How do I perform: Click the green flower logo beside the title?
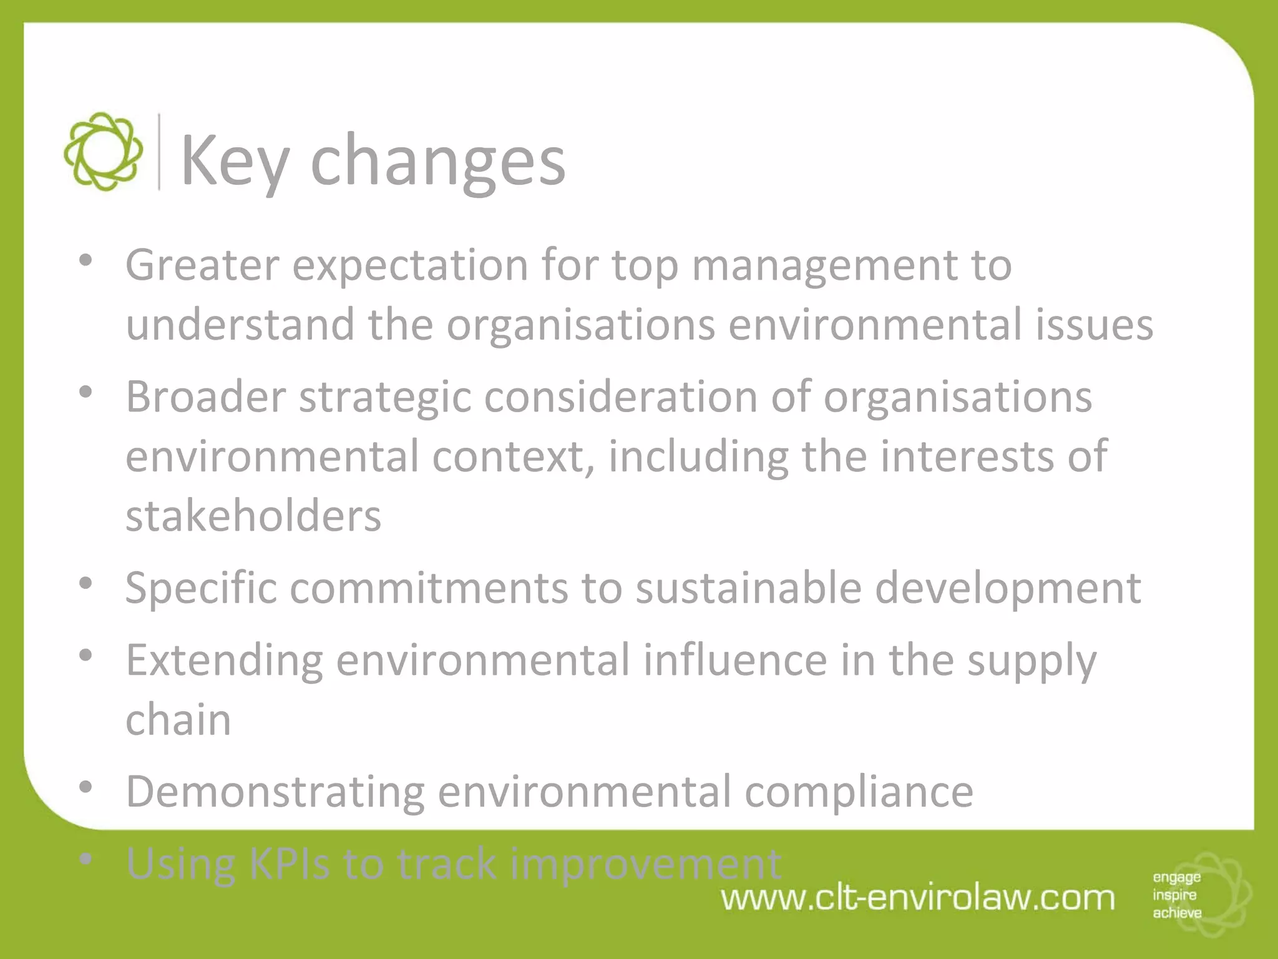[x=103, y=152]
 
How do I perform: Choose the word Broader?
[x=205, y=396]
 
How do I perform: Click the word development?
[x=1008, y=588]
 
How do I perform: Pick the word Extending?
[x=224, y=661]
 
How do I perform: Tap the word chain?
[x=178, y=719]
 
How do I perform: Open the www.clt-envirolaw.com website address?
[x=918, y=898]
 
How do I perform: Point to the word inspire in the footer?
[x=1174, y=895]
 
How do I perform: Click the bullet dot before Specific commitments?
[x=86, y=583]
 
